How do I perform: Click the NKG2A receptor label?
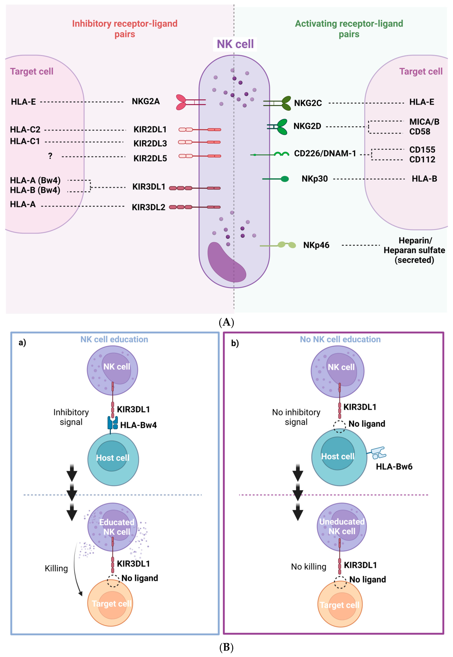click(x=146, y=101)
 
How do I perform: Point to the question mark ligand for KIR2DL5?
click(x=50, y=156)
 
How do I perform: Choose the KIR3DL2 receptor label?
click(x=148, y=207)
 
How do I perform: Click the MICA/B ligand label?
click(x=424, y=122)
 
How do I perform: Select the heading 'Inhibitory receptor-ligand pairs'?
click(x=125, y=28)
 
